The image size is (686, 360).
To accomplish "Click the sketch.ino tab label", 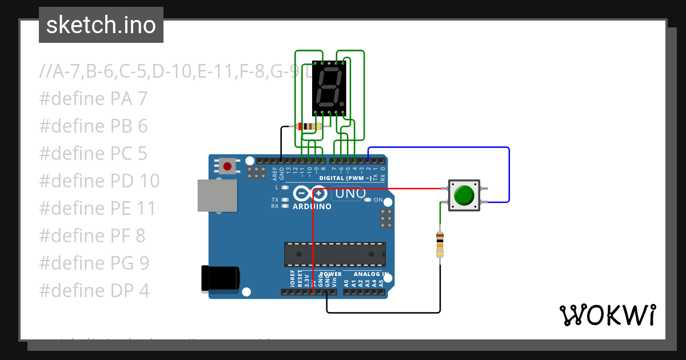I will (x=101, y=25).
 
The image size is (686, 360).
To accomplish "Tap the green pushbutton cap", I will (x=464, y=195).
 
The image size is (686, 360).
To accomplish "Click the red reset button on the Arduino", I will (x=228, y=167).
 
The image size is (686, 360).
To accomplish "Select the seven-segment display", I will (x=329, y=88).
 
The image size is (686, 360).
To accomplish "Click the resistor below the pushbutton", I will (x=440, y=244).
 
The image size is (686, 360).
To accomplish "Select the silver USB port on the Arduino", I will (x=217, y=196).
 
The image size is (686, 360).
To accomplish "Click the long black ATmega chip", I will (x=335, y=254).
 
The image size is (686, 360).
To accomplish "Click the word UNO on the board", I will (x=350, y=194).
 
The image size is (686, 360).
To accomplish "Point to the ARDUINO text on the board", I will (x=312, y=206).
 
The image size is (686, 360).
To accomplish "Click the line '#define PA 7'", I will (x=93, y=99).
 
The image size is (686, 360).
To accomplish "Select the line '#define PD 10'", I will (x=99, y=181).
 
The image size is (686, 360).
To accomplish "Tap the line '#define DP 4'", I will (x=94, y=291).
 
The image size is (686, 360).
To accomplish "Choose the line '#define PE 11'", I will (x=97, y=209).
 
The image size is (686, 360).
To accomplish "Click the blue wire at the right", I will (x=508, y=171).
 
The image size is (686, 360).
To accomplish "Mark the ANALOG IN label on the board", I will (x=371, y=274).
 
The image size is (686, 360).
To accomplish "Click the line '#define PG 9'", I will (x=94, y=263).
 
